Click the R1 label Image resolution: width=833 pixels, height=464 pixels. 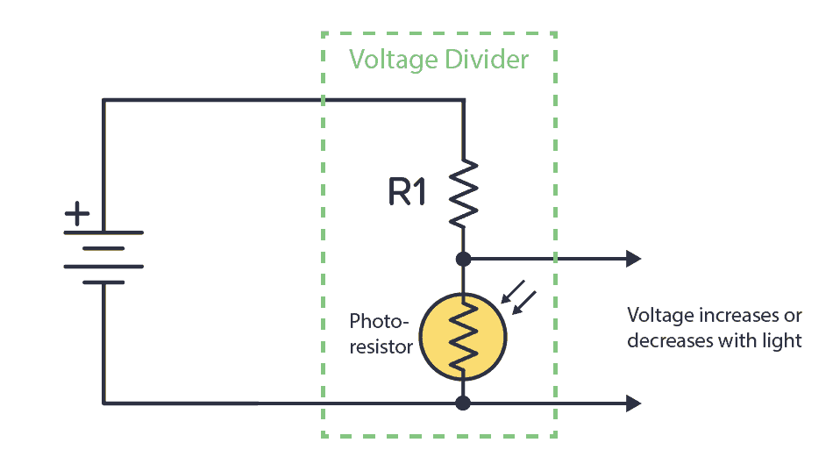[407, 192]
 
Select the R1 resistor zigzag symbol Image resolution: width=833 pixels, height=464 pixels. [464, 192]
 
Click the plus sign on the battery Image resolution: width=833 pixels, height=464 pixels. [79, 213]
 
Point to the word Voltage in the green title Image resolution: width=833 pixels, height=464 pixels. [392, 60]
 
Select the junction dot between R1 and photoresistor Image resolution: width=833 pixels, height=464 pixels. [464, 259]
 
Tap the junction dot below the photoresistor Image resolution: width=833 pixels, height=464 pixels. [464, 403]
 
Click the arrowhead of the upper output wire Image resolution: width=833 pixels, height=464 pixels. [633, 259]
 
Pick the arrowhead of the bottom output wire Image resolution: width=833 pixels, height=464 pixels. [633, 403]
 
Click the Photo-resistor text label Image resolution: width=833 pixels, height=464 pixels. [381, 333]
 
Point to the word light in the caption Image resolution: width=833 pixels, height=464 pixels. [782, 340]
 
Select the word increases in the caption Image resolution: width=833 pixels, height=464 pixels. [725, 316]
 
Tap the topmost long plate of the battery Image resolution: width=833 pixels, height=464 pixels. [103, 232]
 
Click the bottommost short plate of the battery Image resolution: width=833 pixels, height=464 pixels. [103, 282]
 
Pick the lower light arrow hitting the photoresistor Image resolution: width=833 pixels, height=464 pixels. [524, 303]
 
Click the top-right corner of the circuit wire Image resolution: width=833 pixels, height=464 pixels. [464, 101]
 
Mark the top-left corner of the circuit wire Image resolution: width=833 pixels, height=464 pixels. [103, 101]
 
